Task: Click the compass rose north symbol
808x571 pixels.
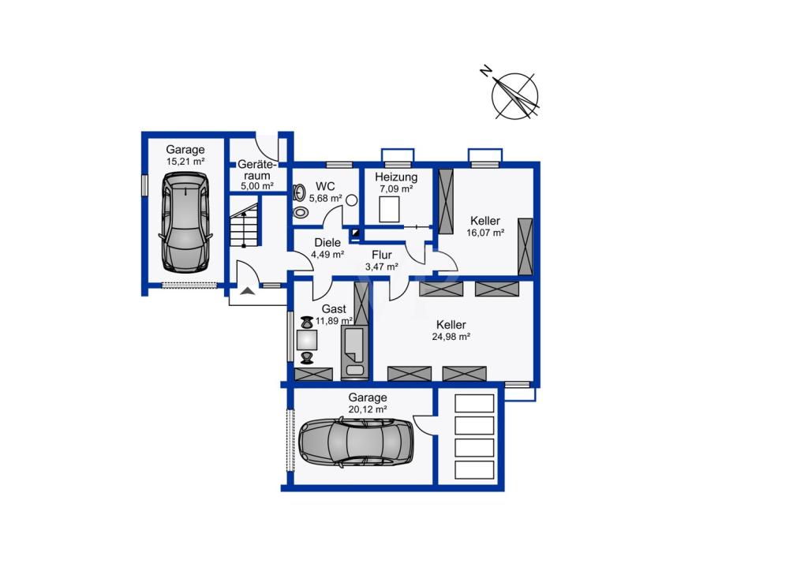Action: pyautogui.click(x=514, y=95)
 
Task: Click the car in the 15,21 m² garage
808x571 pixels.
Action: pyautogui.click(x=185, y=222)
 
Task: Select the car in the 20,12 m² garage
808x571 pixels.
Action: pyautogui.click(x=356, y=440)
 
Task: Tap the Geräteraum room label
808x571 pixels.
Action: pyautogui.click(x=257, y=170)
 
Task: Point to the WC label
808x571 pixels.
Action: pyautogui.click(x=325, y=186)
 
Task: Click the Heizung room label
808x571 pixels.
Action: pyautogui.click(x=396, y=177)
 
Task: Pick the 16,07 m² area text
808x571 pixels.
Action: pyautogui.click(x=485, y=233)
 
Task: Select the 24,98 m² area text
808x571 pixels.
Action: pyautogui.click(x=451, y=337)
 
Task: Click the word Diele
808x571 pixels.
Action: pyautogui.click(x=327, y=242)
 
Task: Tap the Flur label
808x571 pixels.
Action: pyautogui.click(x=382, y=255)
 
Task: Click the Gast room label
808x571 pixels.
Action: pyautogui.click(x=334, y=309)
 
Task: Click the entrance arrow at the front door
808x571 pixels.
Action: pyautogui.click(x=248, y=291)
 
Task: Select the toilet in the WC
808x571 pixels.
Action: pyautogui.click(x=301, y=212)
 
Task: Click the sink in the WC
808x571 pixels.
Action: pyautogui.click(x=298, y=192)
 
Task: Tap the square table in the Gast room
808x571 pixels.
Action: pyautogui.click(x=307, y=341)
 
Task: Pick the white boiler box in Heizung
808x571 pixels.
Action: pyautogui.click(x=390, y=210)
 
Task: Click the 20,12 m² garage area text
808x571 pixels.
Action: pyautogui.click(x=368, y=410)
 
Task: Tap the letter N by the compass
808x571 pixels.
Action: pyautogui.click(x=485, y=71)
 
